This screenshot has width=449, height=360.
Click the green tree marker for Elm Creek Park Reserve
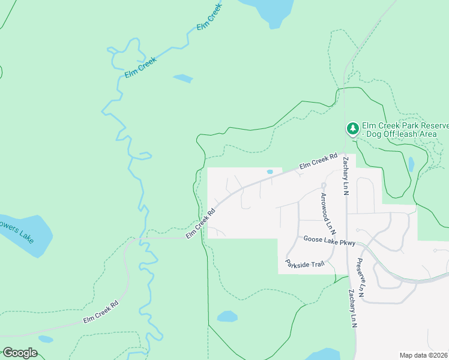(x=353, y=128)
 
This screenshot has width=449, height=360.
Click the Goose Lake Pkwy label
(x=330, y=240)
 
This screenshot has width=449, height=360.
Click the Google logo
(x=20, y=352)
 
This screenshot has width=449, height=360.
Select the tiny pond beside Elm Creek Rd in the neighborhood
(x=270, y=172)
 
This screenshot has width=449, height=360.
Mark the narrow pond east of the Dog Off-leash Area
(x=411, y=164)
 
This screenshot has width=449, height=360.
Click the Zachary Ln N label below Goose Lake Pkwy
(x=352, y=309)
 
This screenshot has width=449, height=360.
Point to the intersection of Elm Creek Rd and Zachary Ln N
(x=345, y=154)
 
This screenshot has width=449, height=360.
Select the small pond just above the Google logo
(x=46, y=339)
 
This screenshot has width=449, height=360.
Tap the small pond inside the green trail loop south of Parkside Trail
(x=227, y=316)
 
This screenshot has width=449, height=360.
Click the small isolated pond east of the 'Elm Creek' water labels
(x=183, y=79)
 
